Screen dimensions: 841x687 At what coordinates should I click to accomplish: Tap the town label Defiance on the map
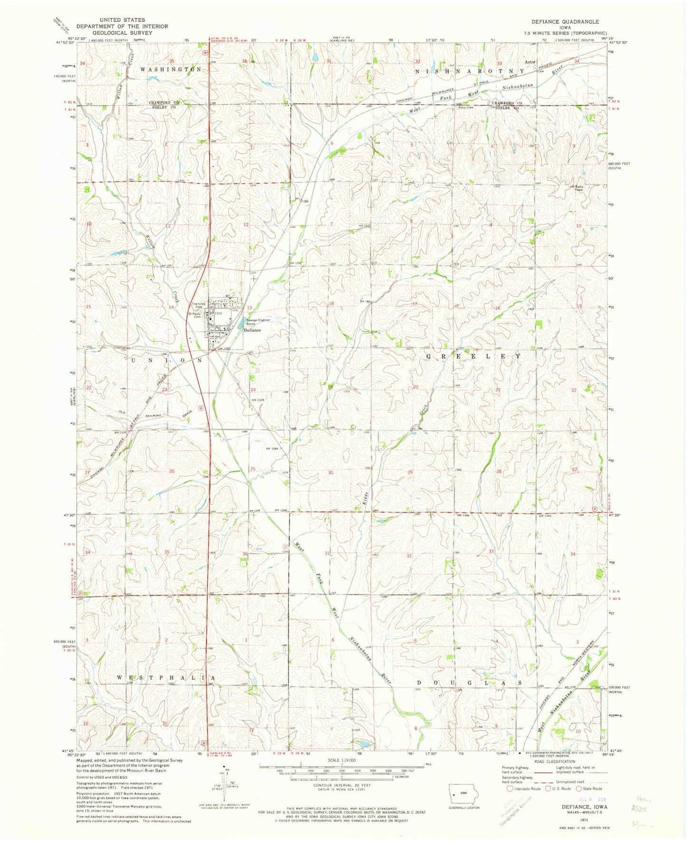click(252, 330)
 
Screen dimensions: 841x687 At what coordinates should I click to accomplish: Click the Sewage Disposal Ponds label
click(258, 321)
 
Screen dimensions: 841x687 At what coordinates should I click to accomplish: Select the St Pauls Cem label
click(195, 315)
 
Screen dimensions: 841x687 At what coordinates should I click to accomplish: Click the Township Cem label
click(198, 305)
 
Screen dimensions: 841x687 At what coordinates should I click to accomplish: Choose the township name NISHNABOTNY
click(470, 71)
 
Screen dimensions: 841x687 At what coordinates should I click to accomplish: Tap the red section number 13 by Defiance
click(249, 308)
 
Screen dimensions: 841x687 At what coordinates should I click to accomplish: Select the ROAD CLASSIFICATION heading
click(554, 775)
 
